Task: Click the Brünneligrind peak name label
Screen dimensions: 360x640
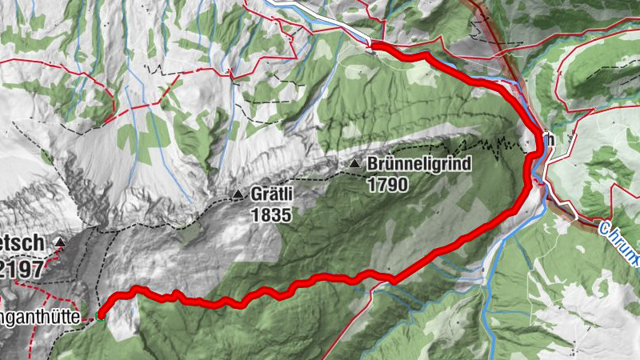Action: pyautogui.click(x=420, y=164)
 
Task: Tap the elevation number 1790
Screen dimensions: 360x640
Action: pyautogui.click(x=388, y=185)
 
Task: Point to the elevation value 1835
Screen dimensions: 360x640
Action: pyautogui.click(x=270, y=215)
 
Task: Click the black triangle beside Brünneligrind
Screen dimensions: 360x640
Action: pyautogui.click(x=354, y=164)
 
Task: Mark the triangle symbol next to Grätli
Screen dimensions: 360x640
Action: pyautogui.click(x=238, y=194)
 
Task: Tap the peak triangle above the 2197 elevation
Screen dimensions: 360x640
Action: pyautogui.click(x=60, y=242)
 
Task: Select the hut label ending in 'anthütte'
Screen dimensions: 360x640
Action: pyautogui.click(x=40, y=318)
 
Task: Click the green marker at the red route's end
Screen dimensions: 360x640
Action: pyautogui.click(x=101, y=316)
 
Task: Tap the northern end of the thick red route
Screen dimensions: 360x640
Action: pyautogui.click(x=373, y=47)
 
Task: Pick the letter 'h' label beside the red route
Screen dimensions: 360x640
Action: pyautogui.click(x=550, y=138)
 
